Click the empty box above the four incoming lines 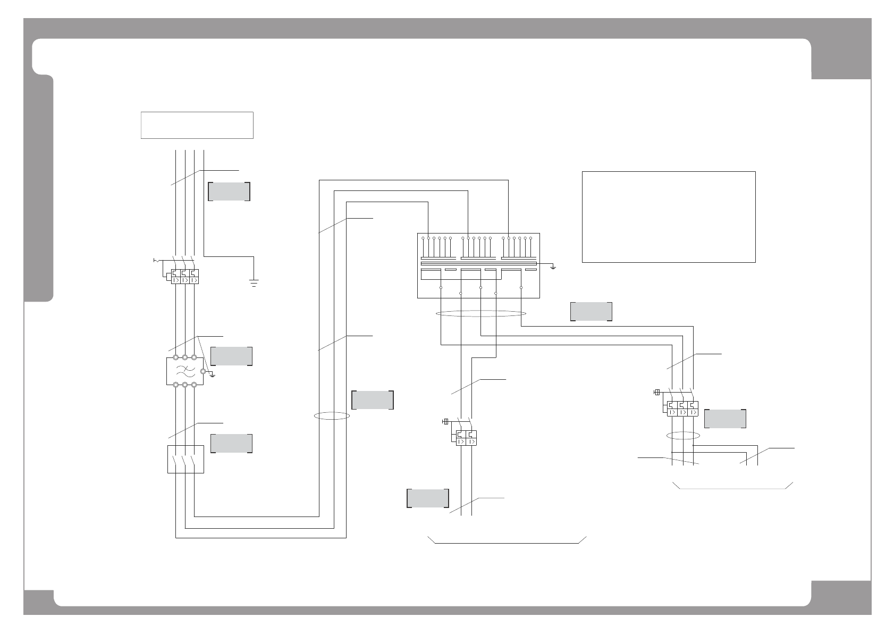click(x=197, y=125)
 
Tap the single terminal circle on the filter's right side click(x=203, y=371)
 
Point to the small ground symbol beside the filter click(x=213, y=375)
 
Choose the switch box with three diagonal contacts click(x=185, y=459)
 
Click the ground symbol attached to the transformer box click(x=553, y=266)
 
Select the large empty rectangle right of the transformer click(x=669, y=216)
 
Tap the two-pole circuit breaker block click(x=466, y=438)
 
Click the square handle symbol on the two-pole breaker click(x=445, y=422)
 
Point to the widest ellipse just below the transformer click(x=480, y=314)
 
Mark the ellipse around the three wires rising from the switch click(x=331, y=415)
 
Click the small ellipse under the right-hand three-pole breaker click(x=683, y=436)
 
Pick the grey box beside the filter click(x=232, y=356)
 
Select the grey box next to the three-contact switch click(x=232, y=444)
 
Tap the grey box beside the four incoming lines click(x=229, y=191)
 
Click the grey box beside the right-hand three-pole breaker click(x=725, y=419)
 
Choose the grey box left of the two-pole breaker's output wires click(x=428, y=498)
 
